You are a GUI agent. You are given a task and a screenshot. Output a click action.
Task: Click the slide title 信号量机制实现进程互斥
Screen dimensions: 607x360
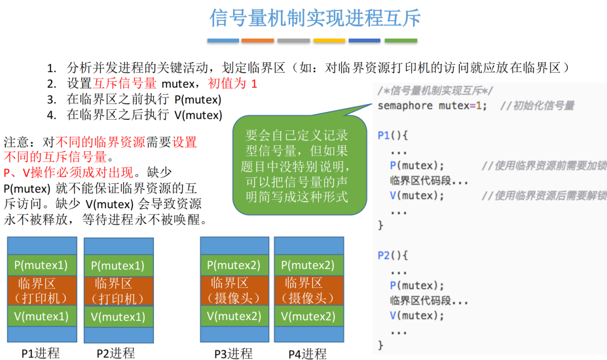coord(315,18)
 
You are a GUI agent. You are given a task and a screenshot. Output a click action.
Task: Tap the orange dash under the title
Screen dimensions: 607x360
coord(257,41)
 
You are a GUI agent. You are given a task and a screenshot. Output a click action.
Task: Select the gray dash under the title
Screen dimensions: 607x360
coord(293,41)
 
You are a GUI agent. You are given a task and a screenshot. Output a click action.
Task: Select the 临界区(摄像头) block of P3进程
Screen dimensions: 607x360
coord(234,291)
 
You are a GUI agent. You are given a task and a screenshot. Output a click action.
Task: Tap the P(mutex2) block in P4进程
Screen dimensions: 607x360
coord(308,265)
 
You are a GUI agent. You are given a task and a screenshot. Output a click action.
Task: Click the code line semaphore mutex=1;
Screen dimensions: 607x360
coord(432,105)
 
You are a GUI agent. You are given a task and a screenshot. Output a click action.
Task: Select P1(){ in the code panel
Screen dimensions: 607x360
coord(393,135)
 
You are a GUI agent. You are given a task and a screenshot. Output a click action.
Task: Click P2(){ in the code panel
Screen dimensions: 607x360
coord(393,255)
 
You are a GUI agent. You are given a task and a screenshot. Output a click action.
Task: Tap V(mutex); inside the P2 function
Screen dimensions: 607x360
coord(416,315)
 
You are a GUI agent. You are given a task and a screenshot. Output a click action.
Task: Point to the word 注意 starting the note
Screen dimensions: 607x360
coord(16,142)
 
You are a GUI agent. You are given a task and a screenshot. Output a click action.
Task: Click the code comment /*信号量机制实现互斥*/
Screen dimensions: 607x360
coord(435,90)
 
